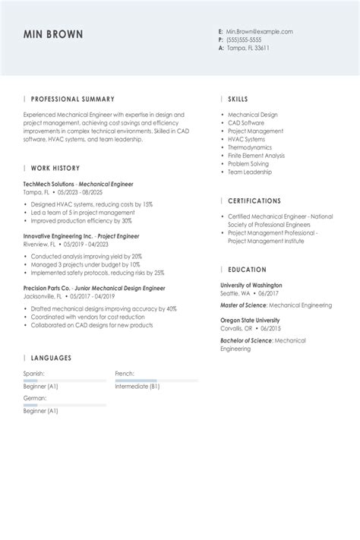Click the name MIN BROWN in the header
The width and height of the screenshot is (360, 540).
tap(53, 35)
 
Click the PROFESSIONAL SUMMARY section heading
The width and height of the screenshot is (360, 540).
tap(73, 99)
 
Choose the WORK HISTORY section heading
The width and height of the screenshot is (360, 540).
tap(55, 168)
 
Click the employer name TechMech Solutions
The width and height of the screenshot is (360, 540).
tap(49, 185)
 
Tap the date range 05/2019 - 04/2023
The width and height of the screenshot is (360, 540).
tap(87, 245)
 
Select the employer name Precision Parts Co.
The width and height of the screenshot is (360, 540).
tap(49, 289)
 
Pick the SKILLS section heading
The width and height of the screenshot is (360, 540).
tap(238, 99)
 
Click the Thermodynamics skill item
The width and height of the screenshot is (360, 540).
tap(250, 147)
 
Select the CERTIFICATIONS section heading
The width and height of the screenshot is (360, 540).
tap(254, 201)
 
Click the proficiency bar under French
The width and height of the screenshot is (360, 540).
tap(156, 381)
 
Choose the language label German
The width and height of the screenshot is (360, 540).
tap(35, 398)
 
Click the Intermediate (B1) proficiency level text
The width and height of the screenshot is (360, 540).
tap(137, 387)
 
